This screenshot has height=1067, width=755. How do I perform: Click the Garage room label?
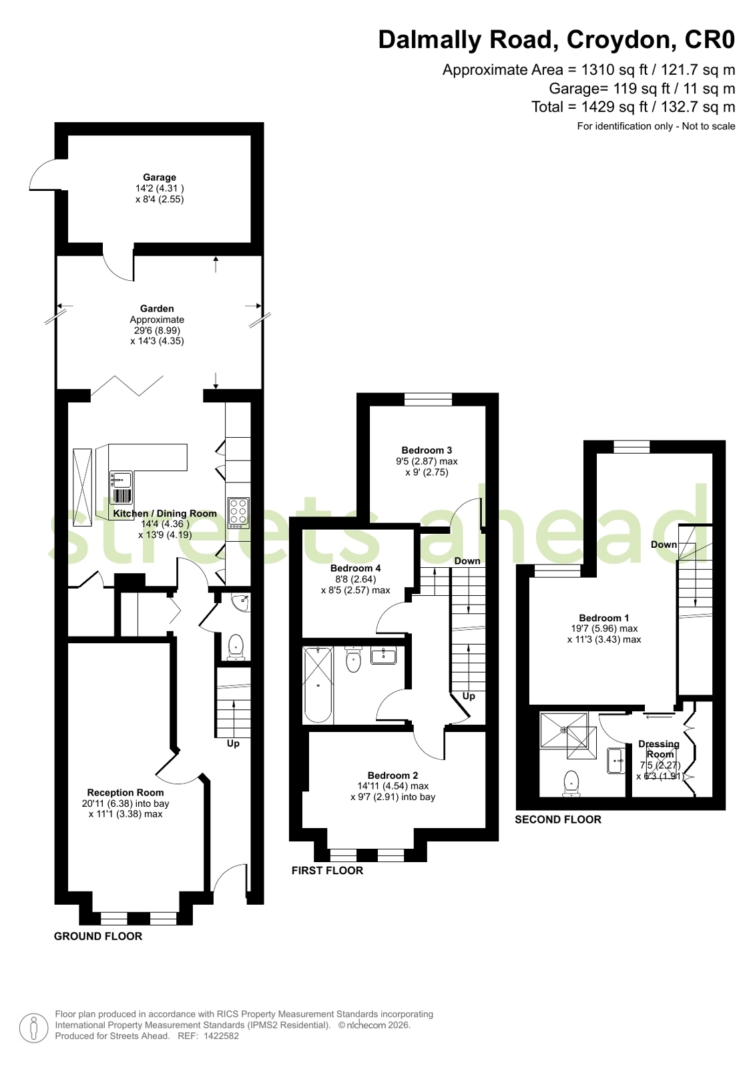coord(159,177)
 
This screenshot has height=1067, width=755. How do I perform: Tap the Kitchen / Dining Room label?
coord(165,514)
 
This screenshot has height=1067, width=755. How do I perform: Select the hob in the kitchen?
coord(238,512)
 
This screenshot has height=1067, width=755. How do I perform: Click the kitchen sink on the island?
coord(121,487)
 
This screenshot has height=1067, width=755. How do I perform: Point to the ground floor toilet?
coord(236,647)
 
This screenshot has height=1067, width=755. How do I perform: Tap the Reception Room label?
coord(125,793)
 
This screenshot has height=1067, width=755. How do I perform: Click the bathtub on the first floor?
coord(318,685)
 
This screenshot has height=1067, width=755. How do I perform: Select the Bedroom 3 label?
coord(427,450)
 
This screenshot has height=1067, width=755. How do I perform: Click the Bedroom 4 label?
coord(356,569)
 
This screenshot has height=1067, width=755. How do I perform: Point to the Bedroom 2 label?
coord(393,775)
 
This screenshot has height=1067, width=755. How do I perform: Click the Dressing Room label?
coord(660,749)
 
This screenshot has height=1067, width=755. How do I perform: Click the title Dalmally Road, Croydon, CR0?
coord(557,39)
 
